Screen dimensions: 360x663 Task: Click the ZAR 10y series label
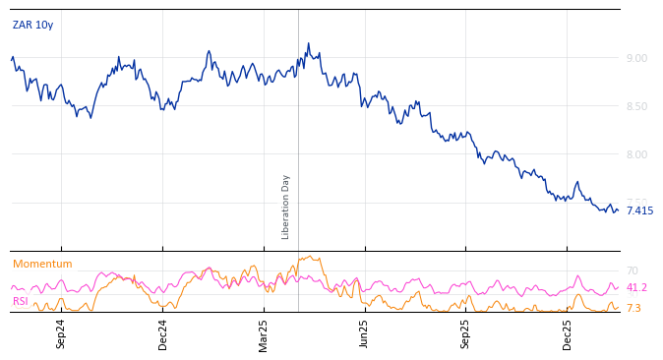click(32, 26)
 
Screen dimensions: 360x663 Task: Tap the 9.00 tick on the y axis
click(636, 58)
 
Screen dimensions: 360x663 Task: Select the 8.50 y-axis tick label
click(636, 106)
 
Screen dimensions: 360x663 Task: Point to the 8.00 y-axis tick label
click(636, 154)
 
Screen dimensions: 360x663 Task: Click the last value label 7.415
click(639, 210)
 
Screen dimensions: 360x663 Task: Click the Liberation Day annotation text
click(286, 207)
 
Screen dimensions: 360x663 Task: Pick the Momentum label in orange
click(42, 265)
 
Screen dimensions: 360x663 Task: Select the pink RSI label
click(21, 301)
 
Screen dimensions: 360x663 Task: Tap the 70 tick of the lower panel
click(633, 270)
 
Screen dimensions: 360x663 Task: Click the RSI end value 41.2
click(636, 288)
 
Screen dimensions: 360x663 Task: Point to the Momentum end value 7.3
click(633, 309)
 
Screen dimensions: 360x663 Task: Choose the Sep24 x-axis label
click(61, 333)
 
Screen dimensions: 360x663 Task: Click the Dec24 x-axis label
click(163, 333)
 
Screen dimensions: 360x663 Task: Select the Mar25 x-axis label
click(264, 333)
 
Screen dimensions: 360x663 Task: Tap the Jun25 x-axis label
click(365, 333)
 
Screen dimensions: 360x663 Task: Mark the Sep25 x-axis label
click(466, 333)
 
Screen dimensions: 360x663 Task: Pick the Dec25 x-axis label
click(568, 333)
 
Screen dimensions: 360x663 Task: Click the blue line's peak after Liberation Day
click(308, 43)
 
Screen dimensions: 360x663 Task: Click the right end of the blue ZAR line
click(618, 210)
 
